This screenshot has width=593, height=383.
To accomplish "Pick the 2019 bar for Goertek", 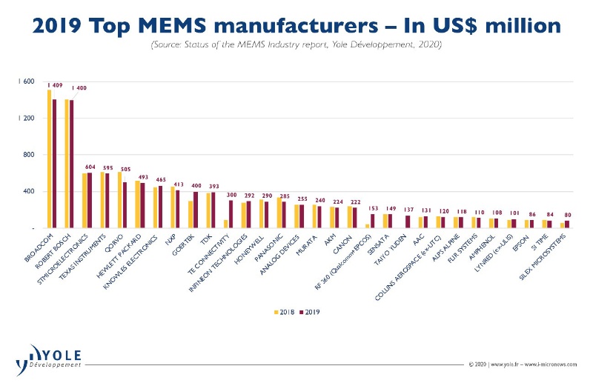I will point(195,210).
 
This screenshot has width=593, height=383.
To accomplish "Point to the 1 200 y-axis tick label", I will point(26,119).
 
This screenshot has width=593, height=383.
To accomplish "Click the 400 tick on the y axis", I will point(30,192).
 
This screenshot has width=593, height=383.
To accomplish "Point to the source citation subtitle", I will point(296,46).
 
